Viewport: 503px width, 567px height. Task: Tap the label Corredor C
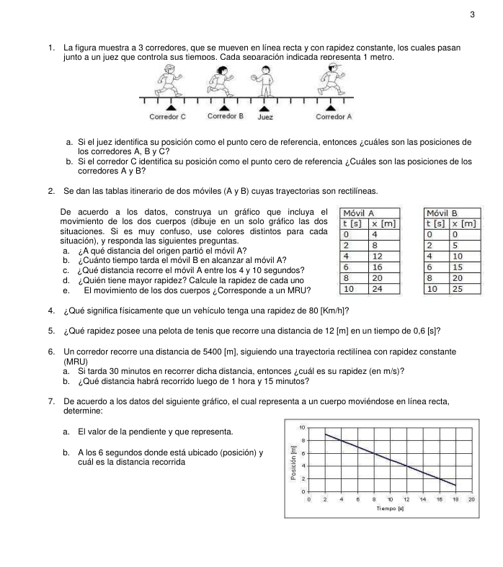167,116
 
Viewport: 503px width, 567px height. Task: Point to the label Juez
265,117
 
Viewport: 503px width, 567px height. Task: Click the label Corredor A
334,116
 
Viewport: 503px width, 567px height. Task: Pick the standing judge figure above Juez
266,80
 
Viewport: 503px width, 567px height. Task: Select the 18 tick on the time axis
455,499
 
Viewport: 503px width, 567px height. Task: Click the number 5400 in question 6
187,351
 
